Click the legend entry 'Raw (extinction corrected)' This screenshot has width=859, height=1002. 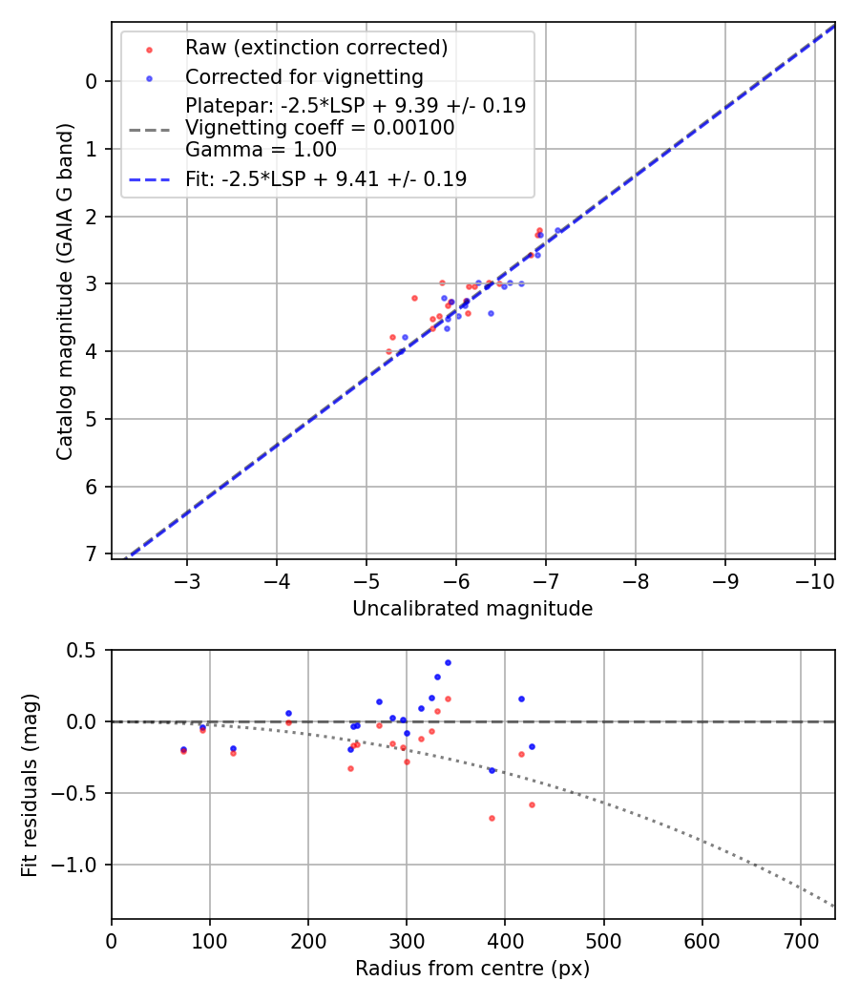point(316,48)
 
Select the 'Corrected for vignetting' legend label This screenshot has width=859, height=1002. point(304,76)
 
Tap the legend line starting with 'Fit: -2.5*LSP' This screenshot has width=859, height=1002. point(325,178)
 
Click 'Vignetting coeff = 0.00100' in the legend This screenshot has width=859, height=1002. point(320,127)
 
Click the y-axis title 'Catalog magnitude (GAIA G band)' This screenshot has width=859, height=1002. point(65,287)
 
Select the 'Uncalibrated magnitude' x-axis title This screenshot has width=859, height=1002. point(472,609)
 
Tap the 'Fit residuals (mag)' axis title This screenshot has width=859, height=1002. point(30,784)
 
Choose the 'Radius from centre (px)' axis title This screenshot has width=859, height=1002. point(472,969)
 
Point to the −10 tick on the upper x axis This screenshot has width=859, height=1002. point(814,582)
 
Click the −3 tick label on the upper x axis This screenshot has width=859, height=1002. point(187,582)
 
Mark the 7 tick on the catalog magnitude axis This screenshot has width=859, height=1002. point(91,554)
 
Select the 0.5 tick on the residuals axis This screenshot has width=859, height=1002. point(86,650)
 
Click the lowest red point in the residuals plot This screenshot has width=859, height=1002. point(492,818)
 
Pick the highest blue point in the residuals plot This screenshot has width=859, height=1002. point(448,662)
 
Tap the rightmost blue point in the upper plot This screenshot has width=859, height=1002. point(558,230)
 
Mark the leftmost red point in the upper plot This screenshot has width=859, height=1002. point(388,351)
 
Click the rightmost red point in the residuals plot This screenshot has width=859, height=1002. point(532,804)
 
